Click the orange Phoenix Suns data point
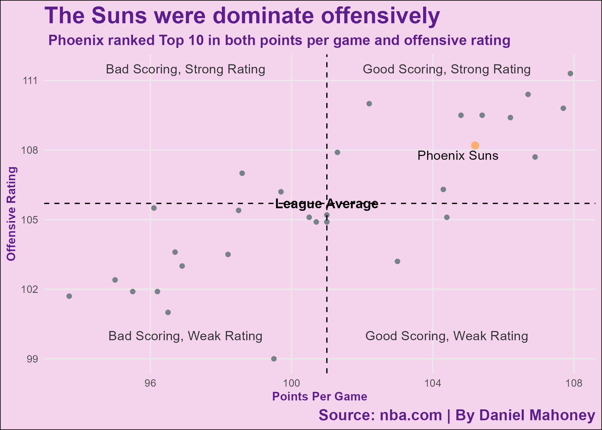475,145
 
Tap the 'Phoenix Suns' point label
458,156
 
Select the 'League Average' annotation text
327,204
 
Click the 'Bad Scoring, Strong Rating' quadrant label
185,69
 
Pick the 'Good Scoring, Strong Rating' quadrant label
447,69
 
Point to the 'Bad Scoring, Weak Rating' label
185,336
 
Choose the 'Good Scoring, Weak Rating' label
447,336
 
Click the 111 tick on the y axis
30,81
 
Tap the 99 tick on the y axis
32,359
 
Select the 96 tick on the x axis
150,383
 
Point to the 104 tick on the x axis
433,383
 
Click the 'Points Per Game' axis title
320,396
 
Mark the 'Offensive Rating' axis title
11,214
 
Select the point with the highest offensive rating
570,74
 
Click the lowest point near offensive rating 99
274,359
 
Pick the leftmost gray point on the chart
69,296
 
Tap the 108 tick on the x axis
574,383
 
